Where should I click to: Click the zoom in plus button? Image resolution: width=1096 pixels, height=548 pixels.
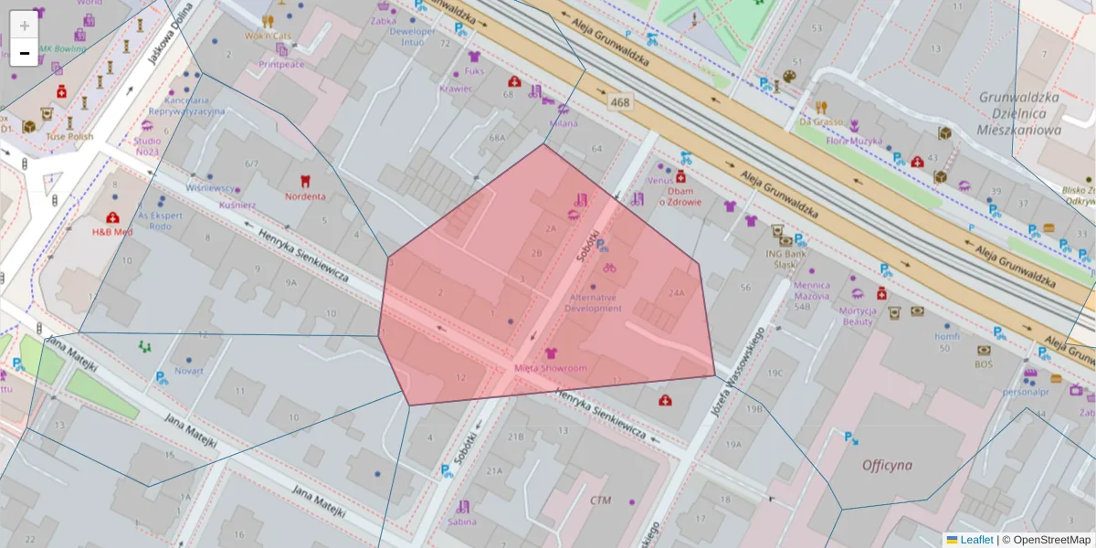pos(24,26)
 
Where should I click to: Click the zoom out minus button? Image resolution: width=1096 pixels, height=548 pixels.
pos(24,53)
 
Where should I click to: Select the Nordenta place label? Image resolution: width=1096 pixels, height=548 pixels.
pos(305,196)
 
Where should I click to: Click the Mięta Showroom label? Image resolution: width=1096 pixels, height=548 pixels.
pos(550,368)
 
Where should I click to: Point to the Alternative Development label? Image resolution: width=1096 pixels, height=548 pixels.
pos(594,302)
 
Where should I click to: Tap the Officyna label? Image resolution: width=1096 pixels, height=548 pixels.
pos(887,465)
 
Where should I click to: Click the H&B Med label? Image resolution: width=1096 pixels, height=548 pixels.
pos(112,231)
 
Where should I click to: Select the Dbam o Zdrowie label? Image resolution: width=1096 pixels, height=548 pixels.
pos(683,196)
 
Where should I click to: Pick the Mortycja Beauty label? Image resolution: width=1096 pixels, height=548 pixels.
pos(858,316)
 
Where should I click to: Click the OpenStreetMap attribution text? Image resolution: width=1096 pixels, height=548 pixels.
pos(1046,540)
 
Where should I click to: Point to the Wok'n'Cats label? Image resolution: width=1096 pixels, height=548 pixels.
pos(267,36)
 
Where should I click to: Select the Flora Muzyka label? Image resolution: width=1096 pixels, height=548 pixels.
pos(854,142)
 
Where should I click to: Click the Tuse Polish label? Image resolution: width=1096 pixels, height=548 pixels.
pos(69,137)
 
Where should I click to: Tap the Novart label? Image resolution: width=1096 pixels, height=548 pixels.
pos(189,371)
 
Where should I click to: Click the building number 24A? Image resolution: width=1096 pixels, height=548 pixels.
pos(676,293)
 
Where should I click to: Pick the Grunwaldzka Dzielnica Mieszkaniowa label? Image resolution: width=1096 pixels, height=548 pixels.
pos(1018,113)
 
